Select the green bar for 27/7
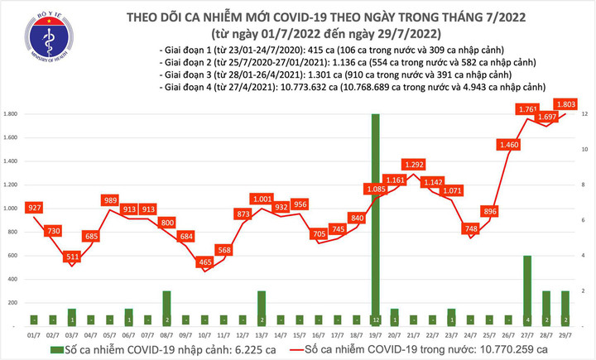tap(526, 290)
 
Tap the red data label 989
tap(110, 200)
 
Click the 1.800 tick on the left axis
tap(13, 114)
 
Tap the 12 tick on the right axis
tap(584, 114)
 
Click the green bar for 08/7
tap(166, 308)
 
